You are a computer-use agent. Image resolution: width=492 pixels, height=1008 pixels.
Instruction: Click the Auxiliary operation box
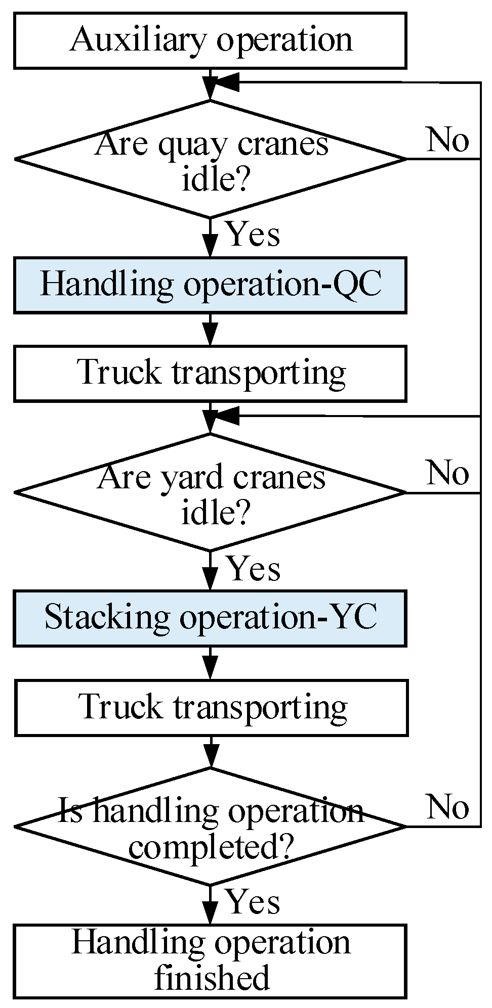(x=210, y=40)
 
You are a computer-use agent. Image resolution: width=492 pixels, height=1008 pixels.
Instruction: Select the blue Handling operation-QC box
(x=210, y=285)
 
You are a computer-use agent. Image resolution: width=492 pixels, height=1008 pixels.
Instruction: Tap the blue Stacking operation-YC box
(x=210, y=618)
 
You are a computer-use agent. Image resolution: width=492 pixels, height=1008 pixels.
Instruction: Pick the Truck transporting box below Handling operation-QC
(x=210, y=374)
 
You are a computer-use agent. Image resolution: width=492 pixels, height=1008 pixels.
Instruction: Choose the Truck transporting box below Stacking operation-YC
(x=211, y=707)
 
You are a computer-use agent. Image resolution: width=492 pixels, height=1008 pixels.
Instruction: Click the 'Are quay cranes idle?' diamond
(x=210, y=159)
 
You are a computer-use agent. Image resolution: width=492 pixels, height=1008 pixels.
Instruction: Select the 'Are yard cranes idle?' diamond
(x=210, y=492)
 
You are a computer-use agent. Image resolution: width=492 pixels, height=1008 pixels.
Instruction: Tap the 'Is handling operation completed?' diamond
(x=210, y=826)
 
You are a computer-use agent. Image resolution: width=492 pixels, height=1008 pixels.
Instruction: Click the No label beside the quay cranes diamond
(x=447, y=140)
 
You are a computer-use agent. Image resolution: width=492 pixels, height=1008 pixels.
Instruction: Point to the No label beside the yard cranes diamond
(x=447, y=473)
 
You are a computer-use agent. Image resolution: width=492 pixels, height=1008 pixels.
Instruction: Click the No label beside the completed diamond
(x=447, y=807)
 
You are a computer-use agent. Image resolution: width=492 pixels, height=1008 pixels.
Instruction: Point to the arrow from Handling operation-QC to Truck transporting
(x=210, y=330)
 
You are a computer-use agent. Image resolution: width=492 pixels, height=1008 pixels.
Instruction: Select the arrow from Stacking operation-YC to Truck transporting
(x=210, y=663)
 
